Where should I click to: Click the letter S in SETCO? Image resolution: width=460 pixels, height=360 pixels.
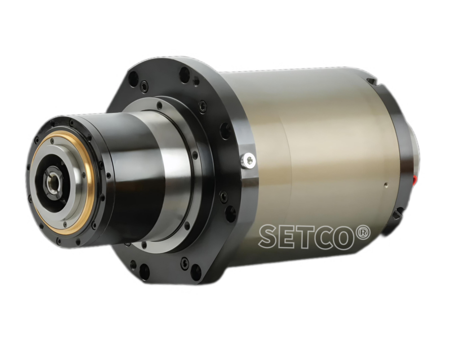coord(269,236)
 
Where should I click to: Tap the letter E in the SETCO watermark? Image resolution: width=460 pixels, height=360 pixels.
coord(289,236)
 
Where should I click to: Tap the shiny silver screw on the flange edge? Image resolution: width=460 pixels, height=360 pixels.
coord(248,160)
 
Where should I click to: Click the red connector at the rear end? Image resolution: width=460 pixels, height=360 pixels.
coord(415,180)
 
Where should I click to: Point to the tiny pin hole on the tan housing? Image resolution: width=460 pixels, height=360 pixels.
coord(386,185)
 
